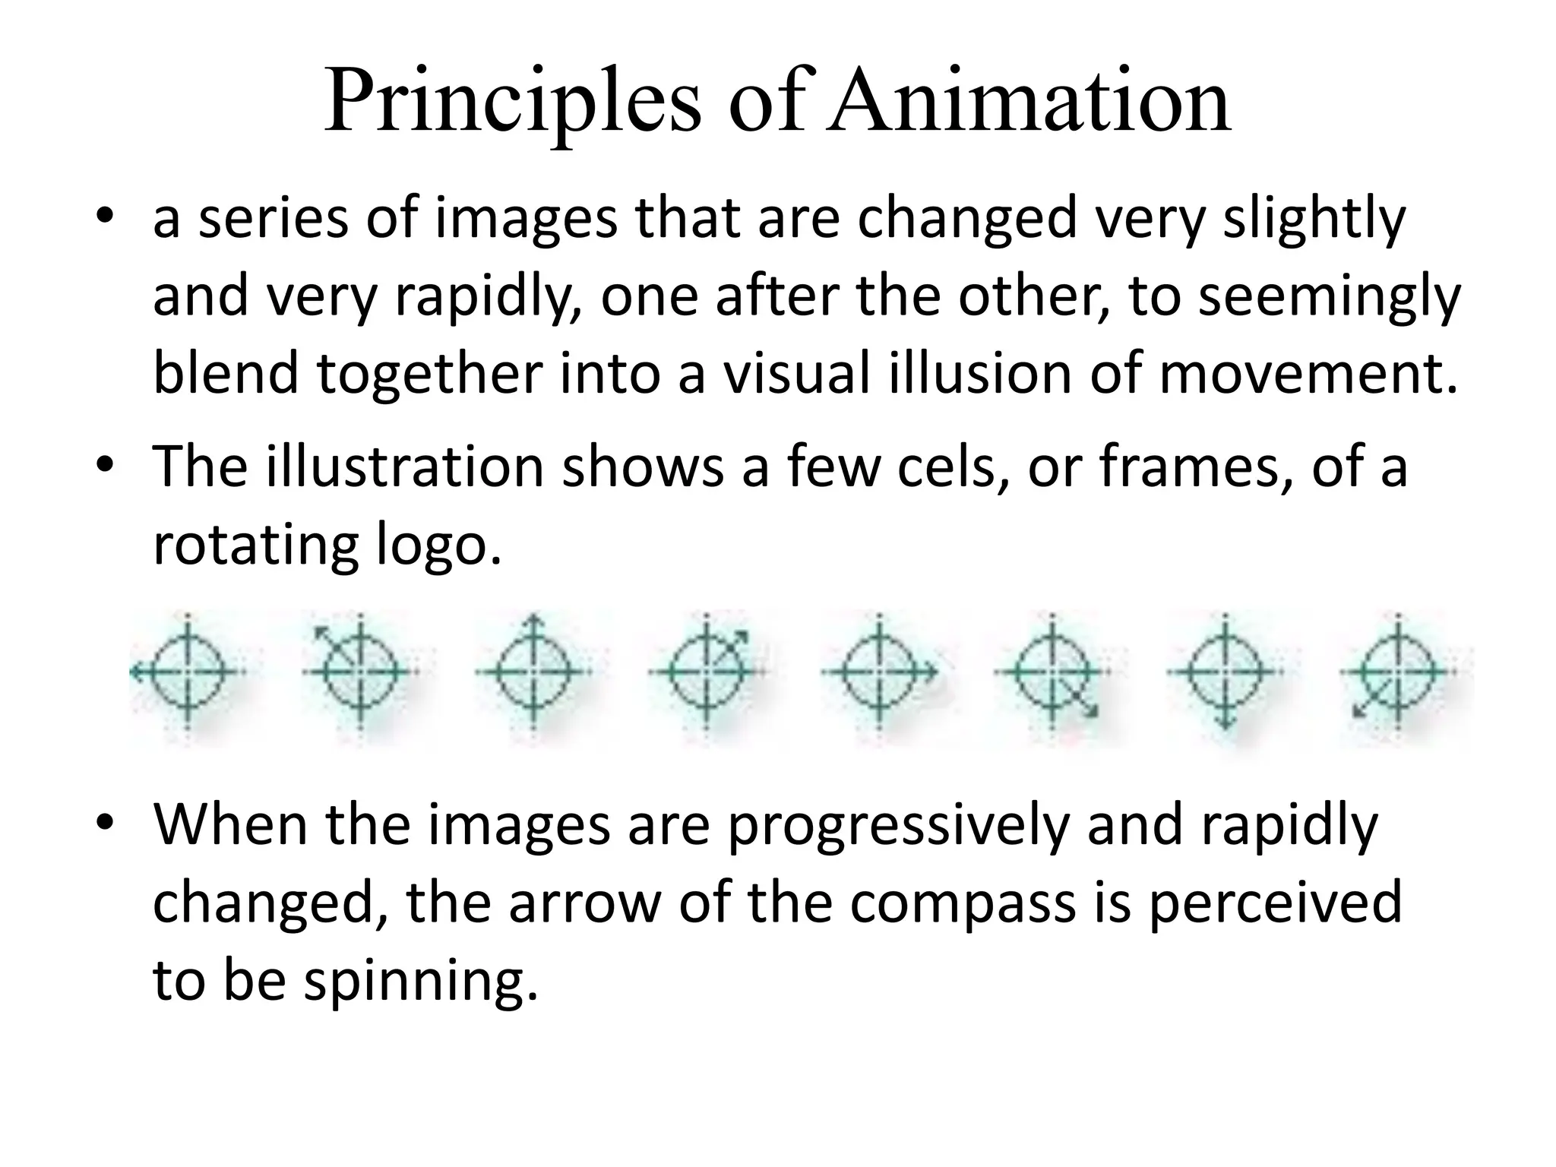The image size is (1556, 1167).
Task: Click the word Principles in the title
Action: [x=513, y=103]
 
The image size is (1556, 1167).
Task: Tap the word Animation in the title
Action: [x=1029, y=103]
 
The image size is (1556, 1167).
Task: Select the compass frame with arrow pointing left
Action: [x=188, y=672]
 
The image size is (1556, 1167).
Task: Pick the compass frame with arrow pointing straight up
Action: [x=533, y=672]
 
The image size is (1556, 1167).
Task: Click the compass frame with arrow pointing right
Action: [x=879, y=672]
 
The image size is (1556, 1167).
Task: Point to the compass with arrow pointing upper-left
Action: [x=359, y=670]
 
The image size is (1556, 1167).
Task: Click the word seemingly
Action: [x=1329, y=296]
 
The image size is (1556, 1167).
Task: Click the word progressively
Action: [x=897, y=826]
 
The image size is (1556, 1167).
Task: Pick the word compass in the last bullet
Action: [x=962, y=903]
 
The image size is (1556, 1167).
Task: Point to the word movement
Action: [x=1307, y=374]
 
